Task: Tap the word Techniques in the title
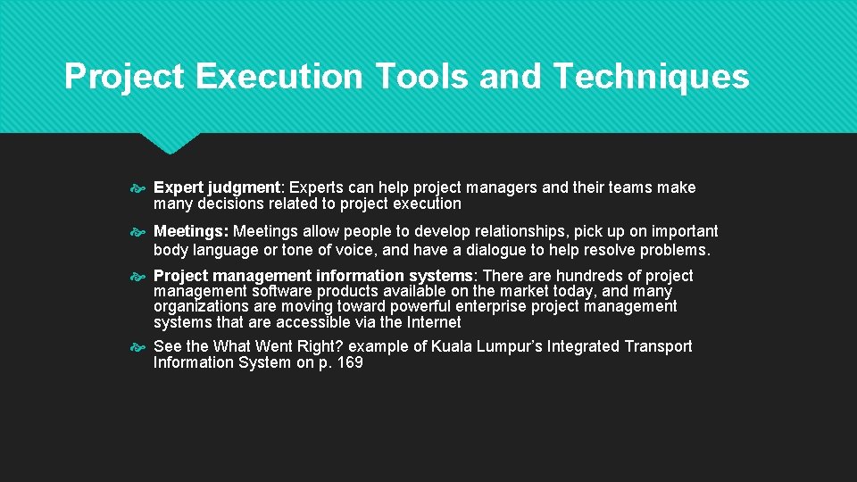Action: [x=651, y=77]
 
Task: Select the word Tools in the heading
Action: [x=423, y=77]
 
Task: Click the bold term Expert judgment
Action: [x=217, y=187]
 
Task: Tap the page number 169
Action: [x=349, y=362]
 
